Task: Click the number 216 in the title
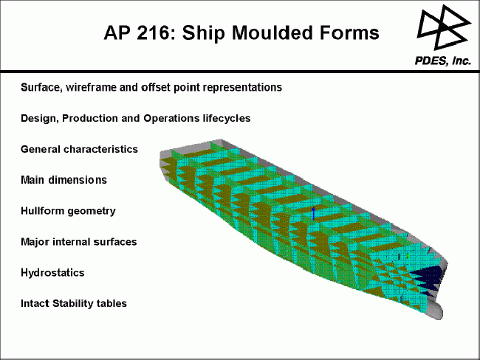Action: [152, 32]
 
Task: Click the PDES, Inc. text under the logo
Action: [442, 61]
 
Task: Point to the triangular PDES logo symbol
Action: [444, 27]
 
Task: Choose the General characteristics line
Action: [79, 149]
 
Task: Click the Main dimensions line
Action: [64, 180]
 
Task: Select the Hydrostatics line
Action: [52, 272]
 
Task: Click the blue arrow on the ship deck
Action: [313, 213]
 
